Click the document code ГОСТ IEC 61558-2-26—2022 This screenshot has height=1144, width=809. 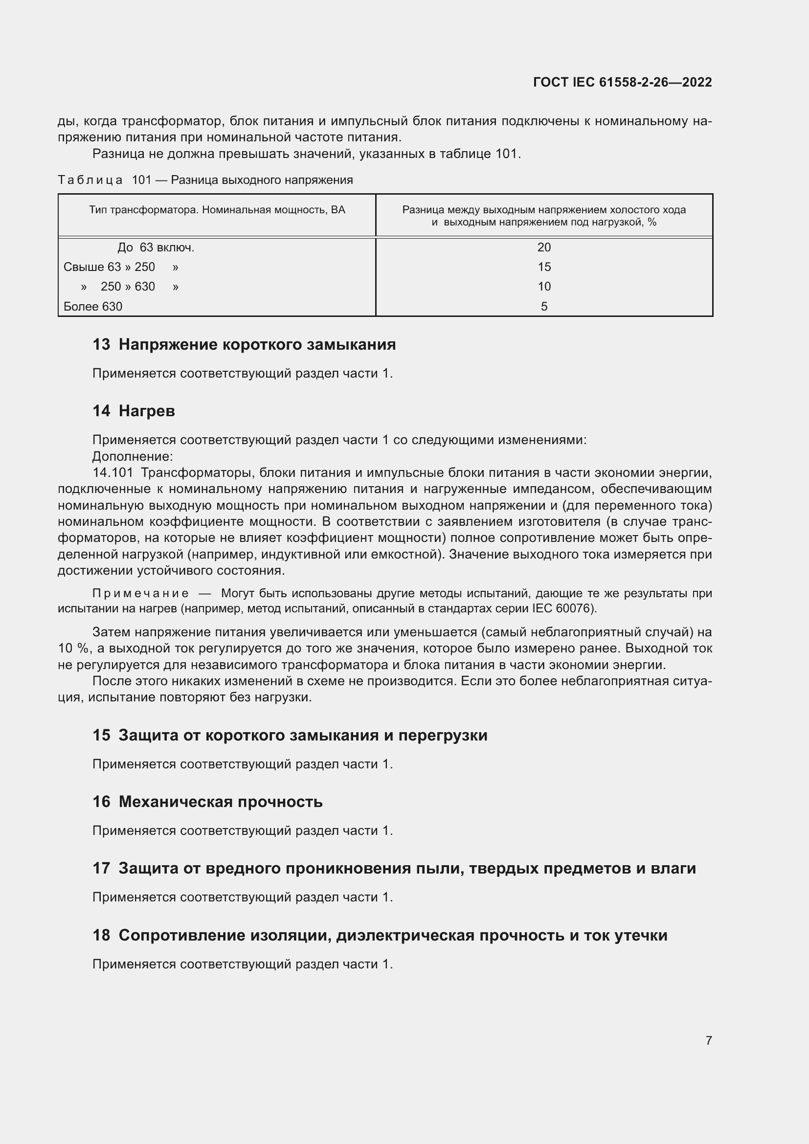coord(622,82)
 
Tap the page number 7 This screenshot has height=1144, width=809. coord(708,1040)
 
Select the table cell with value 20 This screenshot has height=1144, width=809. coord(544,247)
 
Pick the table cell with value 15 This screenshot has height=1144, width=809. coord(544,267)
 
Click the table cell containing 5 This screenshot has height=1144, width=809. coord(544,307)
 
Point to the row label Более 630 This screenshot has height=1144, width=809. coord(93,307)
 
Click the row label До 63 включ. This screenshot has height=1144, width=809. coord(156,247)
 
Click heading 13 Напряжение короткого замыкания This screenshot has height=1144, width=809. coord(244,344)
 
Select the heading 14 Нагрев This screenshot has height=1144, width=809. coord(134,410)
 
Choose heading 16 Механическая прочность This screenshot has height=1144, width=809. coord(207,802)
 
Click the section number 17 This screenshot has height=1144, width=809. coord(101,868)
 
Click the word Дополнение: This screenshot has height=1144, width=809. coord(133,456)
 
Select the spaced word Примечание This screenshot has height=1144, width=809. coord(140,593)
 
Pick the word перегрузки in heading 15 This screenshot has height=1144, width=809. coord(443,735)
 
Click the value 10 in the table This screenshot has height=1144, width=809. coord(544,287)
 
